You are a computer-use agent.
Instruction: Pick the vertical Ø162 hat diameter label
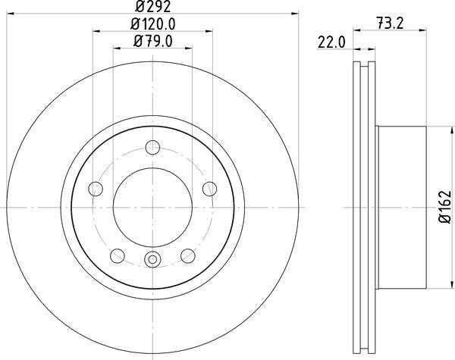(445, 205)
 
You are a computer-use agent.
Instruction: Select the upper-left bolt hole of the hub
(96, 188)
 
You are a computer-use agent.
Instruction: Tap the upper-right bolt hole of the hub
(209, 188)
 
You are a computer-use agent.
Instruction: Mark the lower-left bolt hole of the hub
(118, 255)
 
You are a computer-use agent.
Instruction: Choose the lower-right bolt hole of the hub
(187, 255)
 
